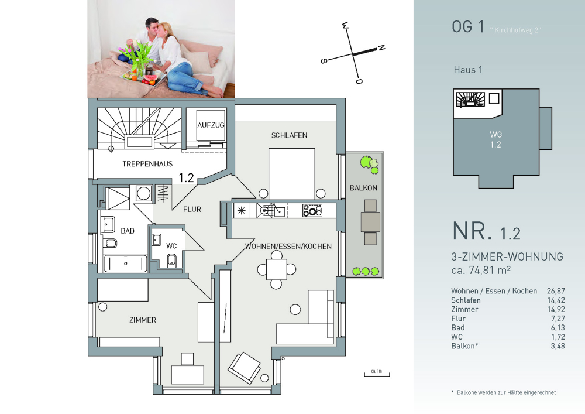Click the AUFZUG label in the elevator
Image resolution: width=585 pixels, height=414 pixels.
coord(211,125)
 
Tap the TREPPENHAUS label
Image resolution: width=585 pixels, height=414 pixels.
coord(147,164)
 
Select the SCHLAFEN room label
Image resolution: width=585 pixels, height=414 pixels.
coord(289,135)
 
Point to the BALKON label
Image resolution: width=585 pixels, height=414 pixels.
coord(363,188)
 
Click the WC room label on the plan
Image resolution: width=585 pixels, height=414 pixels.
coord(171,245)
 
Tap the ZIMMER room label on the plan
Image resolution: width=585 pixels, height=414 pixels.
coord(143,320)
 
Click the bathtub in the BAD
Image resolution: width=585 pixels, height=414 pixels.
coord(125,263)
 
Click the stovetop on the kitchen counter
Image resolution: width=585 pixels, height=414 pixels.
coord(312,211)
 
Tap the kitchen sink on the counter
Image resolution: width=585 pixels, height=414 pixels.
coord(280,211)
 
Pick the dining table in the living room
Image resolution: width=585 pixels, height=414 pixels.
coord(277,269)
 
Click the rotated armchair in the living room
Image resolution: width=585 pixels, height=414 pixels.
coord(245,368)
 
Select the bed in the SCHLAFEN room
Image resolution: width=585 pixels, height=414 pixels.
coord(292,173)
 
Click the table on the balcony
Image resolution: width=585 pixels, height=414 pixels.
coord(370,222)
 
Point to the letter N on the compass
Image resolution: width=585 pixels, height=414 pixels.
coord(381,48)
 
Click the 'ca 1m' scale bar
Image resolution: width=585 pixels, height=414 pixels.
coord(377,374)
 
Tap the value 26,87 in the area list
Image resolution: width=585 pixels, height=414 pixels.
coord(556,291)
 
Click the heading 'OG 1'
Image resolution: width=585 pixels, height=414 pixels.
coord(468,27)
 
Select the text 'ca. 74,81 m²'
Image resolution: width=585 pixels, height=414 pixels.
coord(481,270)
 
